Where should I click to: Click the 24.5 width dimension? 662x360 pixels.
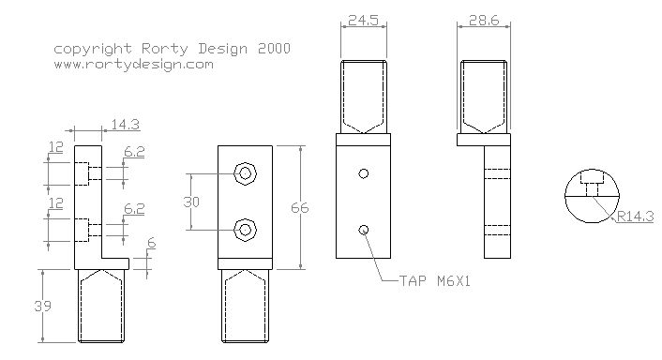[x=363, y=20]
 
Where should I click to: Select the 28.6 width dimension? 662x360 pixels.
[x=484, y=20]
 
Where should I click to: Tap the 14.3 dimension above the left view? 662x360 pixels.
[x=126, y=125]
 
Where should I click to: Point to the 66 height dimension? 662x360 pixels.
[x=300, y=207]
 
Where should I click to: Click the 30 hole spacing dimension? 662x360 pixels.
[x=191, y=202]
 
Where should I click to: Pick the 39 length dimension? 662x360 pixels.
[x=42, y=306]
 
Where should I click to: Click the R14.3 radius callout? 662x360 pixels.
[x=635, y=216]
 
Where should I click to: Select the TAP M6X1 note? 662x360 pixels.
[x=434, y=280]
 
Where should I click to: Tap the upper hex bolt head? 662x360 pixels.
[x=246, y=173]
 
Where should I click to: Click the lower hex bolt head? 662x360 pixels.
[x=246, y=230]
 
